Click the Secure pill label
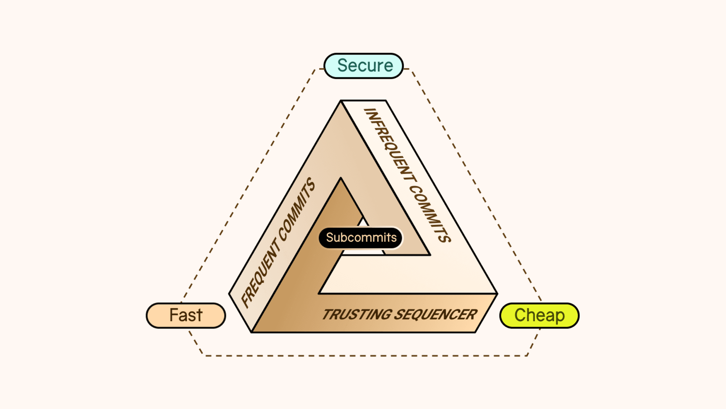tap(364, 66)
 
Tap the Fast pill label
tap(186, 315)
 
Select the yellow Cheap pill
tap(539, 315)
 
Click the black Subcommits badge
tap(361, 238)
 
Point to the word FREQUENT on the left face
tap(260, 273)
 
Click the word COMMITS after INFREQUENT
tap(431, 214)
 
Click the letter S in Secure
tap(342, 66)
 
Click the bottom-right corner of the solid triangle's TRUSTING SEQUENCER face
tap(475, 332)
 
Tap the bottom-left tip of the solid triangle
tap(252, 332)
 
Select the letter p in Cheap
tap(559, 316)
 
